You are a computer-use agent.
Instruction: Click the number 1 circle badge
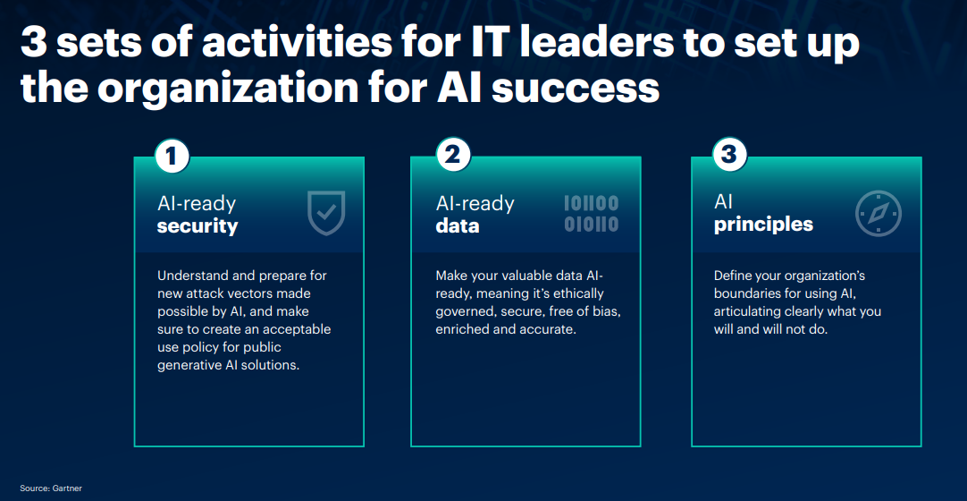coord(172,156)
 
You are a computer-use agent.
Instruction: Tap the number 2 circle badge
coord(452,155)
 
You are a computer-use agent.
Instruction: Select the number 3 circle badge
coord(729,154)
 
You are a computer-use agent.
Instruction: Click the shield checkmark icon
coord(326,213)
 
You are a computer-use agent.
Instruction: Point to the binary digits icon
coord(591,214)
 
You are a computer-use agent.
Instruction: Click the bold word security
coord(198,226)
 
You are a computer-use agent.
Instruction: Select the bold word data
coord(458,225)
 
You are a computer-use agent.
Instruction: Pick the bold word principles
coord(763,225)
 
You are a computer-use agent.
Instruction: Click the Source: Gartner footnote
coord(51,488)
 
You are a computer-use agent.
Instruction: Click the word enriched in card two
coord(458,329)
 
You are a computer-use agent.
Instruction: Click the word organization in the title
coord(227,88)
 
